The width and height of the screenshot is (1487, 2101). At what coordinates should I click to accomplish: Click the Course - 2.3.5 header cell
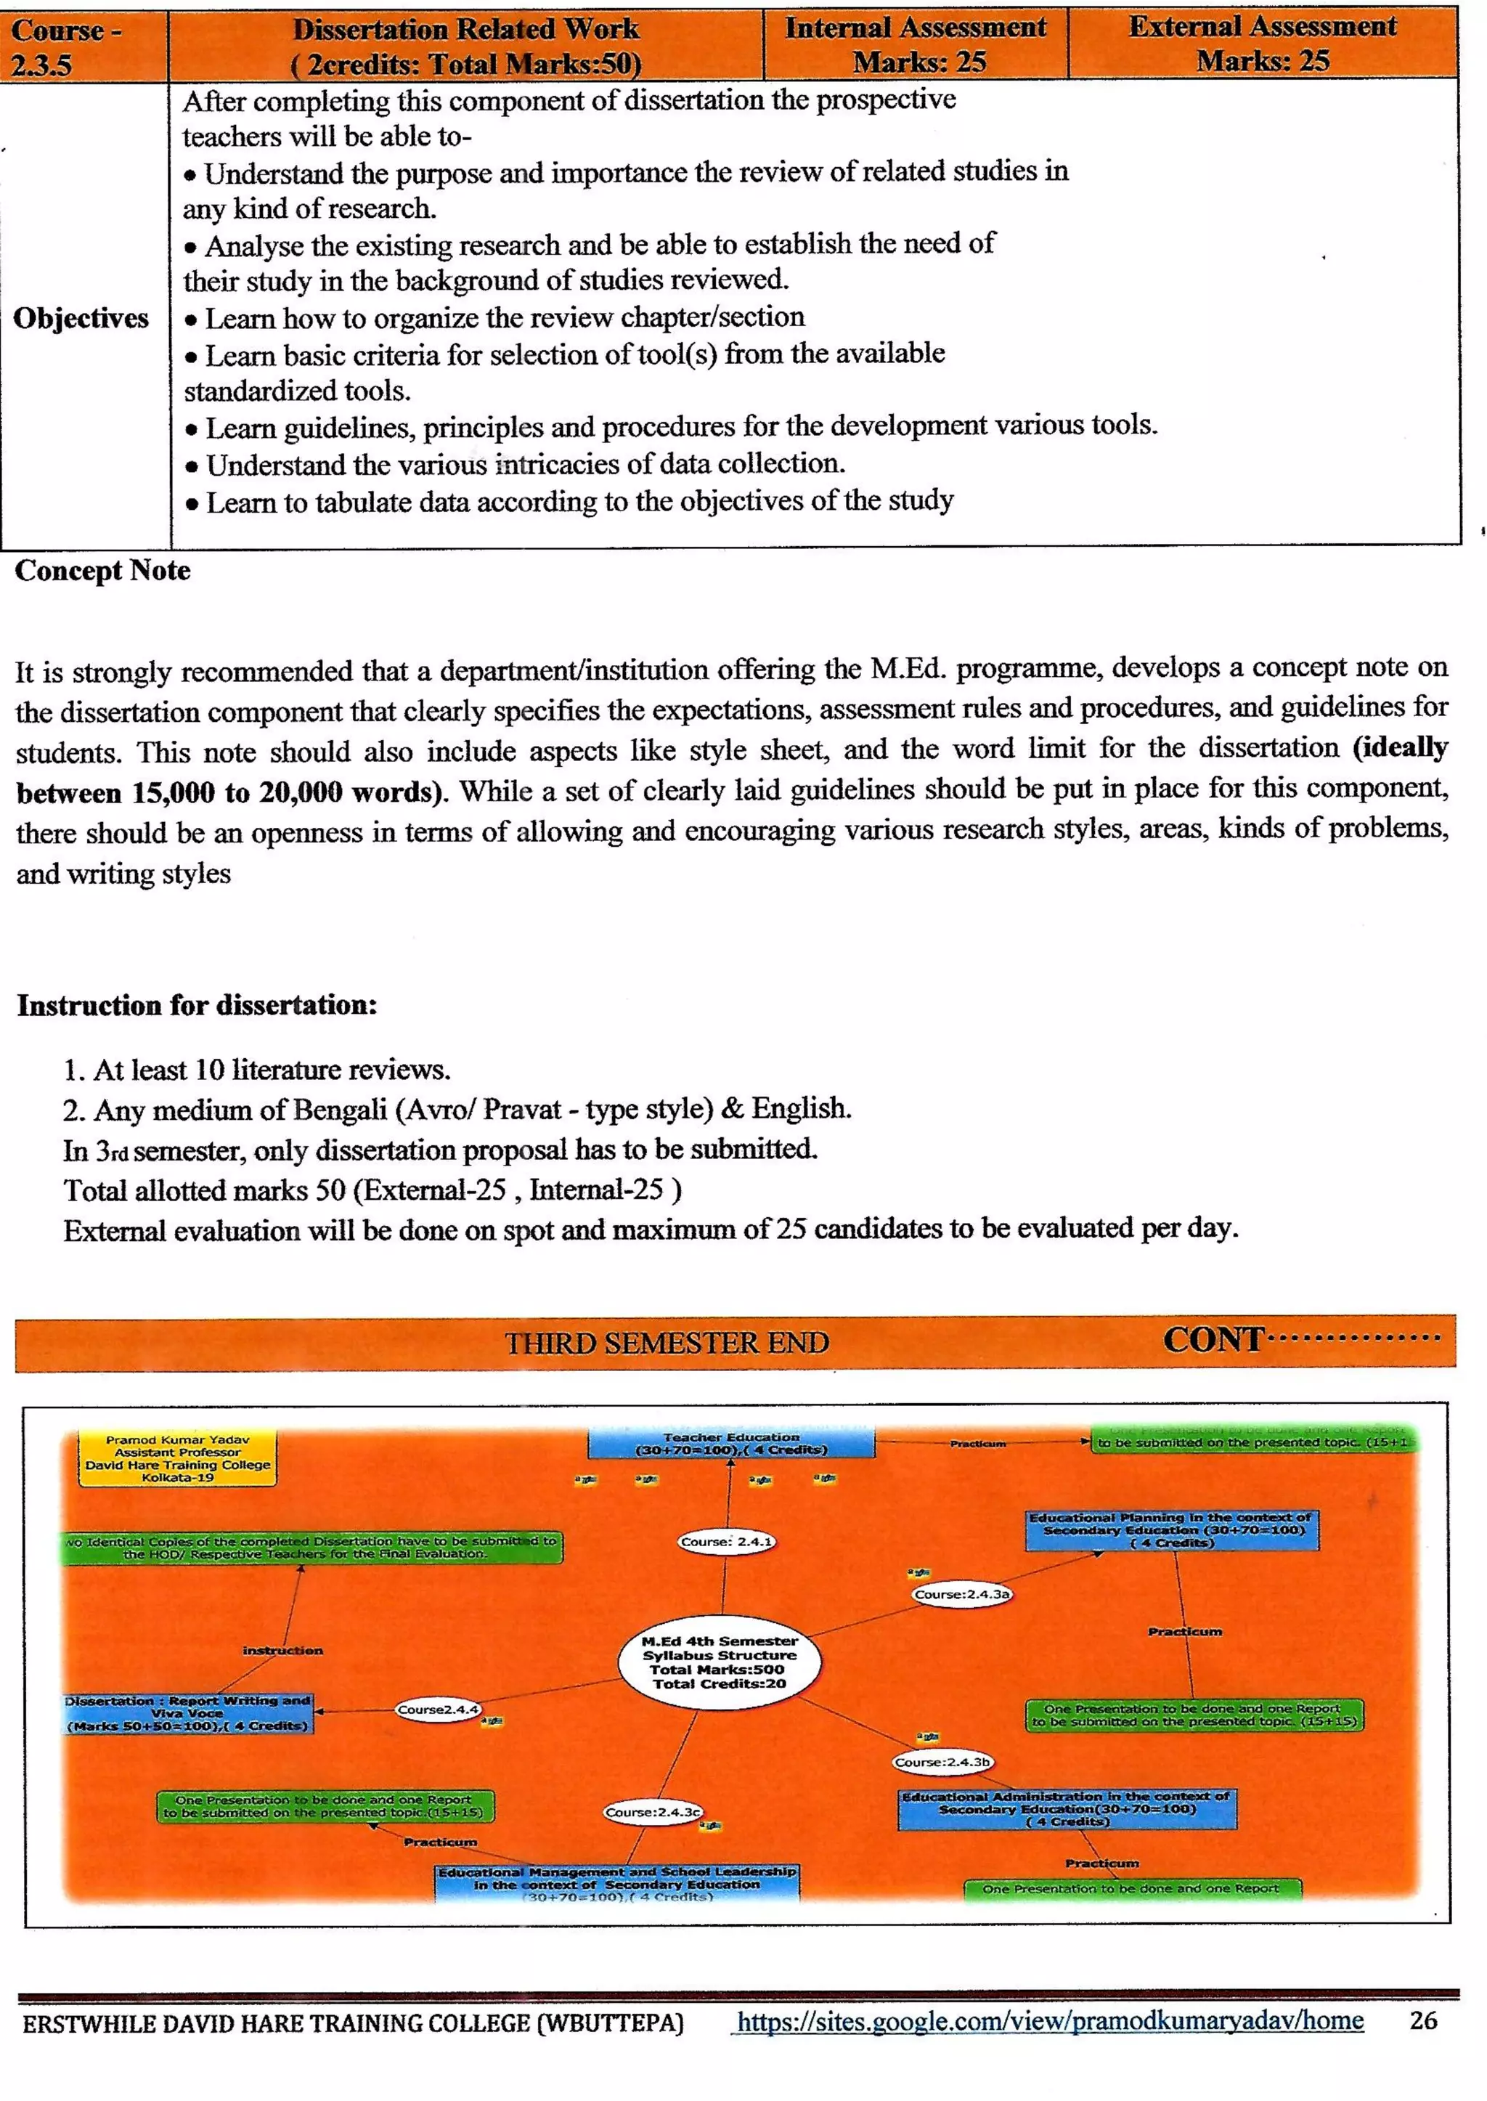82,46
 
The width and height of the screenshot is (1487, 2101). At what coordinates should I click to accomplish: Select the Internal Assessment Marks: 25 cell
916,44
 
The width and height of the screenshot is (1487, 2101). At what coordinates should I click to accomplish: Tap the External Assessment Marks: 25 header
1263,43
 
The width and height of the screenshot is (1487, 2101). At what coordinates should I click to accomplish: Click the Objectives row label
81,318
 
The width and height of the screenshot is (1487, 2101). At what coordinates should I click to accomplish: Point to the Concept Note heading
102,571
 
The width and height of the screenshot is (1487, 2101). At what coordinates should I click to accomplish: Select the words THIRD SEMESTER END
667,1343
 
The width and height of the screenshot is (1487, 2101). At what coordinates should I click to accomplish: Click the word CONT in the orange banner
1213,1340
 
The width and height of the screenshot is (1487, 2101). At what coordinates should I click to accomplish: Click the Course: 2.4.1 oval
727,1541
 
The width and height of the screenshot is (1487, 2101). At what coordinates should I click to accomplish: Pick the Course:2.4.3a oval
962,1593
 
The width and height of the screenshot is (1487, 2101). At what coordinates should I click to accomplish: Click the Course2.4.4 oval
438,1709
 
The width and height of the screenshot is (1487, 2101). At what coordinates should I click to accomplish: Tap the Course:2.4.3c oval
653,1811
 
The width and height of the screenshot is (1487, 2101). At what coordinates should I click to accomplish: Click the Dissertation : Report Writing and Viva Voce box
189,1712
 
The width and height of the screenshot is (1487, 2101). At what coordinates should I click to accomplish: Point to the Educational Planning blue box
1171,1530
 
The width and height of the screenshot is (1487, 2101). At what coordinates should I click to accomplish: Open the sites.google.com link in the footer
1049,2020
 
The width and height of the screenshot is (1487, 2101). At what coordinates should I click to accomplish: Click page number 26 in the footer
1423,2020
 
